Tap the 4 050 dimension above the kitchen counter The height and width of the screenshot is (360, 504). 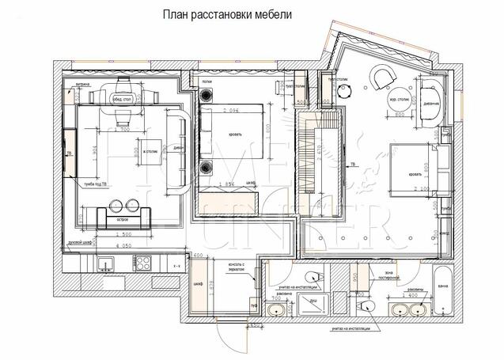point(122,246)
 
